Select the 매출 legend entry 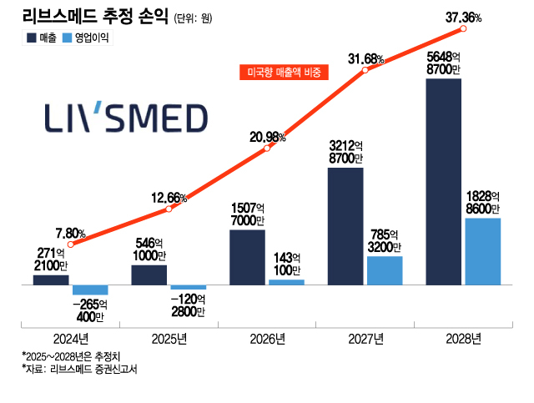coord(42,38)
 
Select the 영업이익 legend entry coord(87,38)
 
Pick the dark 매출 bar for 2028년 coord(444,182)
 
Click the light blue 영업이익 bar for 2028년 coord(483,251)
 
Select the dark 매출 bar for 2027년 coord(345,226)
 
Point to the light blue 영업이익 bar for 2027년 coord(385,270)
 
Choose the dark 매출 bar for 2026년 coord(247,257)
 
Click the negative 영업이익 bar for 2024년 coord(90,290)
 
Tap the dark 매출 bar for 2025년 coord(149,275)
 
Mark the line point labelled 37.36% coord(463,29)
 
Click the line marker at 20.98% coord(267,149)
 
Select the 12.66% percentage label coord(169,197)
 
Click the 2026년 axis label coord(267,339)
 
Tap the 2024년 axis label coord(71,339)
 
